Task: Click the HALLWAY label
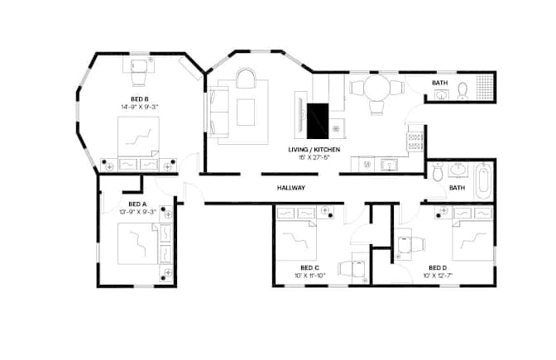coord(290,188)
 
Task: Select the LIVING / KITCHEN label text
coord(314,150)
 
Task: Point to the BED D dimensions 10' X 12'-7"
coord(438,276)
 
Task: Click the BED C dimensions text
coord(310,276)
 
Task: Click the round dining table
coord(377,88)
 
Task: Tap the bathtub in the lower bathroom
coord(482,181)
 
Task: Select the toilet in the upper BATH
coord(463,90)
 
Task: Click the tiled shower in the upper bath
coord(484,87)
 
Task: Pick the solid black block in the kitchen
coord(318,121)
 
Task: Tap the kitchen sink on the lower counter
coord(390,165)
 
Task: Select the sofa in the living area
coord(218,112)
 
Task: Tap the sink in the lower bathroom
coord(458,170)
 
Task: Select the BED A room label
coord(137,204)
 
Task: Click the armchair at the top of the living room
coord(246,78)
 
